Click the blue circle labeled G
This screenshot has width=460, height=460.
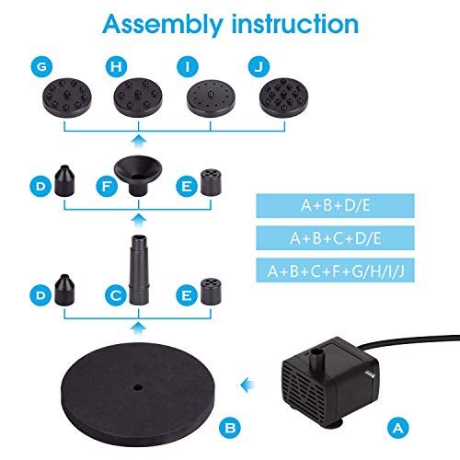[x=41, y=66]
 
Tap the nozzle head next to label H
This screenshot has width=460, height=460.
[x=138, y=98]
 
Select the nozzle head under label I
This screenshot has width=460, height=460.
[x=211, y=98]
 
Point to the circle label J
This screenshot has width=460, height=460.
[x=259, y=66]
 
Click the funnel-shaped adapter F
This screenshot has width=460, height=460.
[x=138, y=176]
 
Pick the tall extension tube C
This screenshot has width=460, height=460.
[x=139, y=270]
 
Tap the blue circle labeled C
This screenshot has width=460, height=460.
[x=116, y=295]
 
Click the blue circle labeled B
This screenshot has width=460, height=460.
[x=230, y=428]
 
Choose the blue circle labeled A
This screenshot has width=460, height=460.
[x=398, y=428]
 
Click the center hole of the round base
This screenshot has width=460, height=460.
[x=137, y=387]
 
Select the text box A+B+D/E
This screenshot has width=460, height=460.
[x=335, y=205]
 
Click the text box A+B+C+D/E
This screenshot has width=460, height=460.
[x=335, y=238]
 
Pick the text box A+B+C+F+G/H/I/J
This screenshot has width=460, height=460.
[x=335, y=270]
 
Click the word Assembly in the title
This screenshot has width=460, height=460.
[x=163, y=25]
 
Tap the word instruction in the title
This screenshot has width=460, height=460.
[x=295, y=24]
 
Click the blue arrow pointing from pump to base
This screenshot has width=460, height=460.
[x=247, y=385]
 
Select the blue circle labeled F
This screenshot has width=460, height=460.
[x=107, y=186]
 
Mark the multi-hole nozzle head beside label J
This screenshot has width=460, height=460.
[x=283, y=98]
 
